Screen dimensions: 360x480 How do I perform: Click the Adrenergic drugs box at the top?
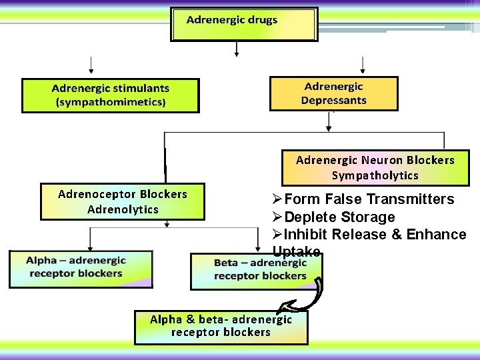click(x=244, y=24)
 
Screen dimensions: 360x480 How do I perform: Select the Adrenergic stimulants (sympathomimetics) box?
click(x=111, y=95)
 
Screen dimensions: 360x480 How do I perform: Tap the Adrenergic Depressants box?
click(x=333, y=93)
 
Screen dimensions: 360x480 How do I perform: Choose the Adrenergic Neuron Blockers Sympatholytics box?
click(x=375, y=168)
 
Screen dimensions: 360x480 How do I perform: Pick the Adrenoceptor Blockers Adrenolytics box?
click(x=123, y=201)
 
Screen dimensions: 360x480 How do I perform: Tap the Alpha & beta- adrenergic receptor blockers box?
click(x=221, y=327)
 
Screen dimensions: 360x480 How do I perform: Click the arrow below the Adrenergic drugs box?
click(x=235, y=49)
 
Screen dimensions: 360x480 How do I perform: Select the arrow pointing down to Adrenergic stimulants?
click(x=91, y=65)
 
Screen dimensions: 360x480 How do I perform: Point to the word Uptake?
click(x=296, y=251)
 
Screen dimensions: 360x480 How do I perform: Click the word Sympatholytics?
click(x=375, y=176)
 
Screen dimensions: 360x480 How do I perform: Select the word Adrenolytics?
click(x=123, y=209)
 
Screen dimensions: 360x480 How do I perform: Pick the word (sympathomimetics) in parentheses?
click(x=111, y=102)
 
